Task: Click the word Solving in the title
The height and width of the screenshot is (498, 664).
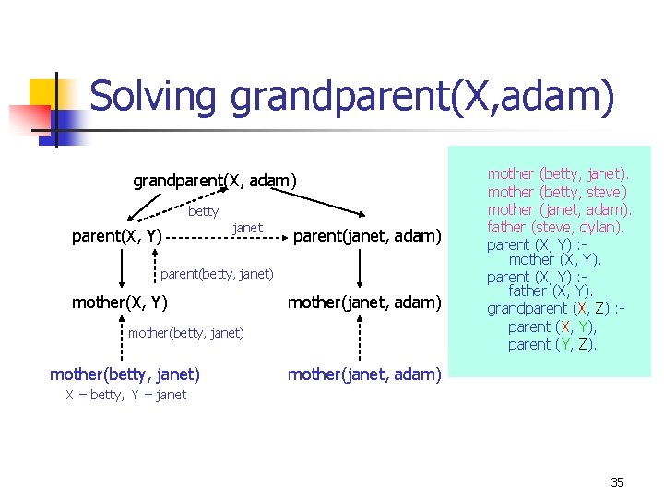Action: point(154,97)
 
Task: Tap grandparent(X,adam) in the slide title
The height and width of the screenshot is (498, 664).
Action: point(422,98)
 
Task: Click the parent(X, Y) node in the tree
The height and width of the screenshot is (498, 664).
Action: point(117,236)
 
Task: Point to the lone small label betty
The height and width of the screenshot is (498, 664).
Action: point(203,211)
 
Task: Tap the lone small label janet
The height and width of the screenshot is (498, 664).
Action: point(247,227)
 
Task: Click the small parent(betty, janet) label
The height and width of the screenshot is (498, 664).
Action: point(217,273)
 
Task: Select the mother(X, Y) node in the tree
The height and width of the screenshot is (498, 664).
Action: point(119,302)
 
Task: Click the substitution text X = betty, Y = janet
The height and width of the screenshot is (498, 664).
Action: point(125,395)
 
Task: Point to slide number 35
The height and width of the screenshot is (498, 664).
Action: point(617,481)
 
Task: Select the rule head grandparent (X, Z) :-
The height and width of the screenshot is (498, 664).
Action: point(556,309)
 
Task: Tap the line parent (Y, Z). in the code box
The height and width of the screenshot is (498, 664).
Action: point(552,344)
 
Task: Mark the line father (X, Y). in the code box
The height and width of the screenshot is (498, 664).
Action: point(551,292)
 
